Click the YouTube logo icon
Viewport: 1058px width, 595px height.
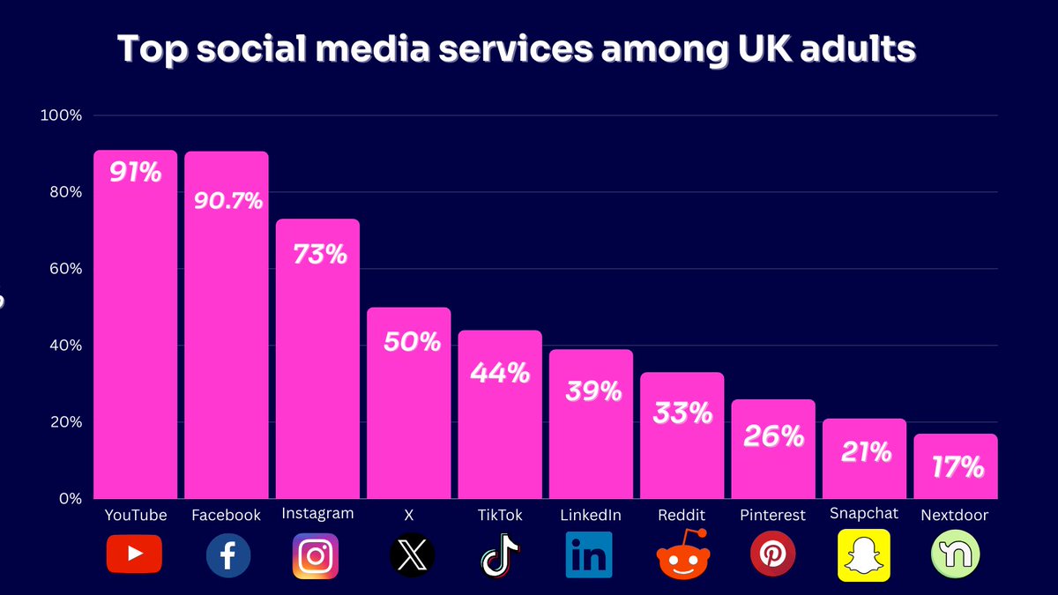tap(134, 554)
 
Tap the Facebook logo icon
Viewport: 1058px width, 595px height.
tap(227, 556)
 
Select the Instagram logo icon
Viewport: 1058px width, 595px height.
tap(316, 556)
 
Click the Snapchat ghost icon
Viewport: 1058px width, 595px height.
tap(863, 555)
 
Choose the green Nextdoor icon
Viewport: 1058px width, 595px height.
tap(954, 556)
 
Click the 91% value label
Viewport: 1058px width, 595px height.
tap(135, 172)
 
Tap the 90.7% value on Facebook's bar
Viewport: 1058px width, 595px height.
tap(227, 201)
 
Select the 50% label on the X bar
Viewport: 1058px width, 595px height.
tap(411, 341)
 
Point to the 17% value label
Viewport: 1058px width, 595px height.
tap(957, 466)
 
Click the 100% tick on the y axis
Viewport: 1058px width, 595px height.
tap(62, 115)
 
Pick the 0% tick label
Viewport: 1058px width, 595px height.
tap(71, 498)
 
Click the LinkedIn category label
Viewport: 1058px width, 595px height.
tap(591, 515)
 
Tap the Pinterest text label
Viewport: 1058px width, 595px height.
tap(772, 515)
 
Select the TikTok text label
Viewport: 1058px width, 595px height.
tap(500, 515)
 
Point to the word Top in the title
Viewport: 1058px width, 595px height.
tap(153, 50)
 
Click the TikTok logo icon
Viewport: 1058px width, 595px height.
tap(500, 556)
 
